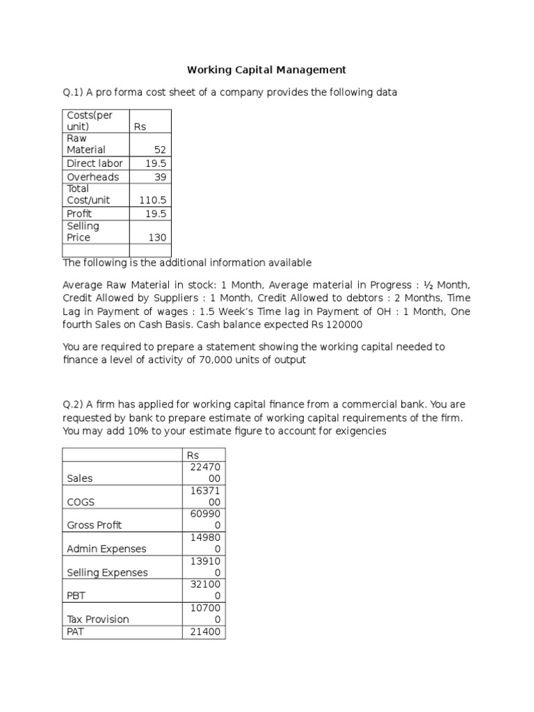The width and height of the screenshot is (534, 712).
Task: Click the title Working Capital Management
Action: (266, 70)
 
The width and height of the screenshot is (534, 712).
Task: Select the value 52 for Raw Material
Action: (160, 149)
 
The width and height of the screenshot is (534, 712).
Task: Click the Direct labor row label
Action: (95, 163)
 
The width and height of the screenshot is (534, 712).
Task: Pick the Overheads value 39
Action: (160, 177)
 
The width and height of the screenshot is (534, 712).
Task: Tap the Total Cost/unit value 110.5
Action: (153, 200)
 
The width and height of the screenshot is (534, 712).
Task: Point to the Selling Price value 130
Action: (157, 238)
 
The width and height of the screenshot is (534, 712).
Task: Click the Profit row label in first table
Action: (79, 214)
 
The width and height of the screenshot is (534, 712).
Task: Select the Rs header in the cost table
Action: (140, 127)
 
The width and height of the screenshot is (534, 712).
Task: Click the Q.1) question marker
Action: (74, 93)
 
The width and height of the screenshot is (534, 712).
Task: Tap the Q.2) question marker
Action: (74, 404)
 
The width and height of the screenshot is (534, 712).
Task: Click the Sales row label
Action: (80, 478)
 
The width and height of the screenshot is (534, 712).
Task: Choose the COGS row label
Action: (81, 502)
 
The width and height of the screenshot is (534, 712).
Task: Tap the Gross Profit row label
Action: (94, 525)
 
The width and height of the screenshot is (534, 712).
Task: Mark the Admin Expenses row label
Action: (106, 549)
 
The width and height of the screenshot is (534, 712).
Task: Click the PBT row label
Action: (76, 596)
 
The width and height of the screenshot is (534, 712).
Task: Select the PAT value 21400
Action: (203, 631)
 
